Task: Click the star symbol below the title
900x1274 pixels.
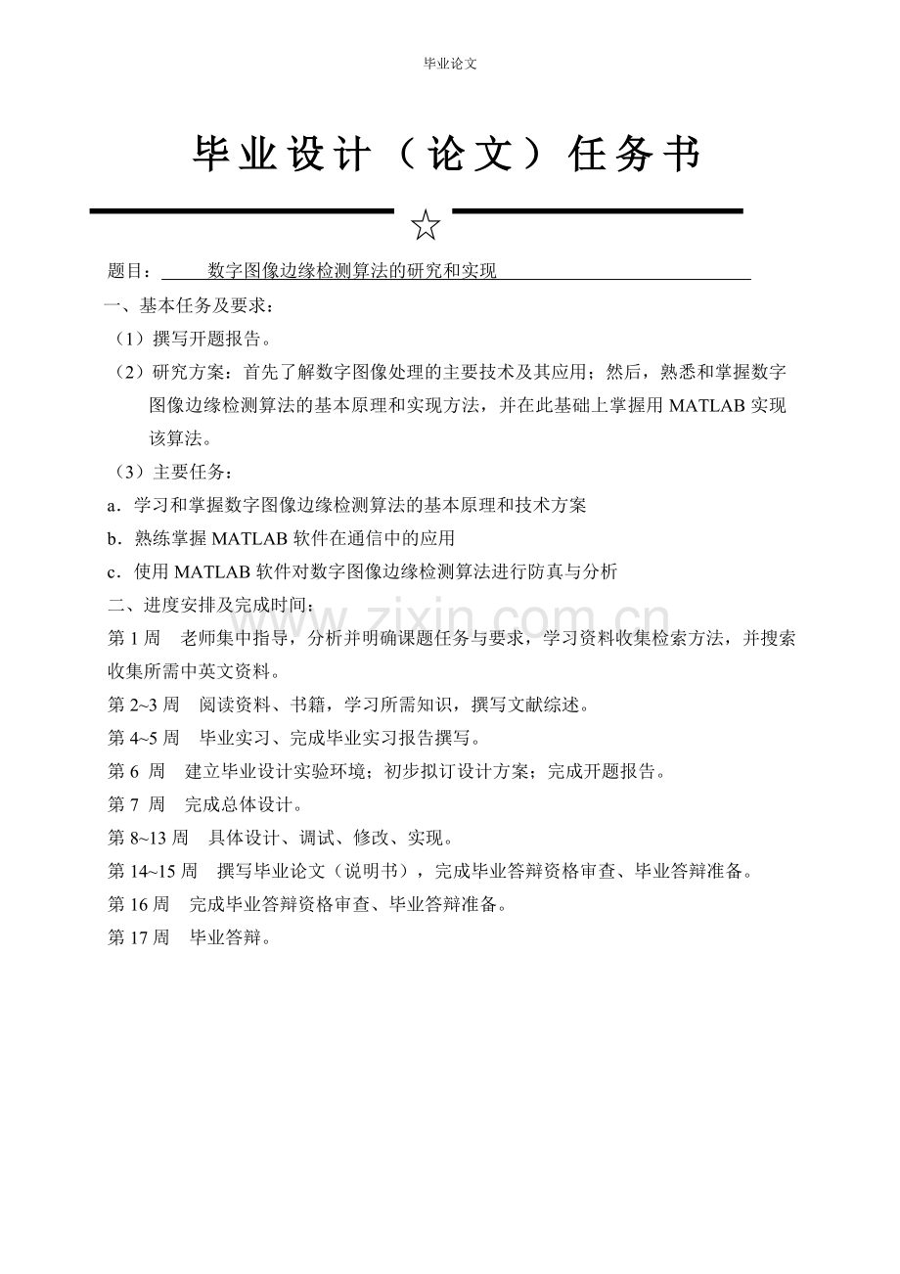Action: [x=426, y=225]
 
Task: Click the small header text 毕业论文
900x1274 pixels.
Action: [x=449, y=64]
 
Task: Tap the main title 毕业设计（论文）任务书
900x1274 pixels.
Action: [x=449, y=155]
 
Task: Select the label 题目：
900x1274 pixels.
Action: [x=129, y=271]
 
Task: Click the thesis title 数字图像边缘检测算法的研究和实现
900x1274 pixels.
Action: [x=352, y=271]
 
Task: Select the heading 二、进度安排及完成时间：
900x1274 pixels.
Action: [x=211, y=606]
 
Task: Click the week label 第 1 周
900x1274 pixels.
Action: [x=134, y=639]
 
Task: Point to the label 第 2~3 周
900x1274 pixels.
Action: [x=144, y=705]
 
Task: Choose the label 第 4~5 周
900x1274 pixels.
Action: [x=144, y=739]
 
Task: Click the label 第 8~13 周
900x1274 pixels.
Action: [x=148, y=839]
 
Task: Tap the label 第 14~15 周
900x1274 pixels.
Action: [x=153, y=872]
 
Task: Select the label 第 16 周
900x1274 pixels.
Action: [x=139, y=905]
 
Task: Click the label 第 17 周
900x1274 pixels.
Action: [x=139, y=938]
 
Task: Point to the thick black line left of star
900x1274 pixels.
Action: [x=242, y=210]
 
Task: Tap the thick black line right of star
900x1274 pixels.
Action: [x=598, y=210]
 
